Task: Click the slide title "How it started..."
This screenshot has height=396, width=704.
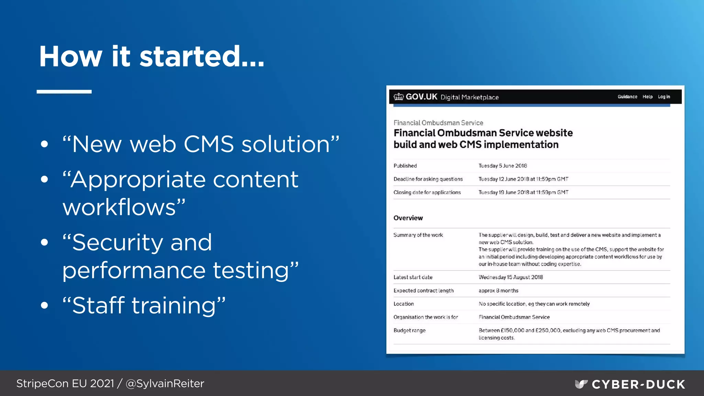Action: [152, 56]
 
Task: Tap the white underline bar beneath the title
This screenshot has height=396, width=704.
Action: [64, 92]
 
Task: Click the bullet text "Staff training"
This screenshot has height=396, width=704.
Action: [144, 305]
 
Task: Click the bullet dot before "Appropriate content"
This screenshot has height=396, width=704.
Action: [44, 179]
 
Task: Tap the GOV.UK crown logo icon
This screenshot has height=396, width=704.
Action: [398, 97]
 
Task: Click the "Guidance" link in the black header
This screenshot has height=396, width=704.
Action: [627, 97]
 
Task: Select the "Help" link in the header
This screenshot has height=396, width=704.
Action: [648, 97]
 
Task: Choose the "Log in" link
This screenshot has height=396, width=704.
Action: [664, 97]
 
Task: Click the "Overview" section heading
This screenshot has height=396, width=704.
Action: [408, 218]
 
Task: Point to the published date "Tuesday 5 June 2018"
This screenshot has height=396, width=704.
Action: [503, 166]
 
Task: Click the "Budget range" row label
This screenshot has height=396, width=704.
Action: [409, 330]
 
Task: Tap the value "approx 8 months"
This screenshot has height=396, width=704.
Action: [498, 290]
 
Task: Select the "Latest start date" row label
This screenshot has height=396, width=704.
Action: [413, 277]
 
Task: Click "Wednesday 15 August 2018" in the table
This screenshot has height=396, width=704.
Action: [511, 277]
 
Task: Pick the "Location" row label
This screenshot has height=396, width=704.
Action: [404, 304]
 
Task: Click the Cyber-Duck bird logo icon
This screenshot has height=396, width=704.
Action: [581, 384]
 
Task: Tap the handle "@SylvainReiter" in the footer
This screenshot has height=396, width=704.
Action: [165, 384]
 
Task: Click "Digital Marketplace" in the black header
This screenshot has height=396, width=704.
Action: [470, 97]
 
